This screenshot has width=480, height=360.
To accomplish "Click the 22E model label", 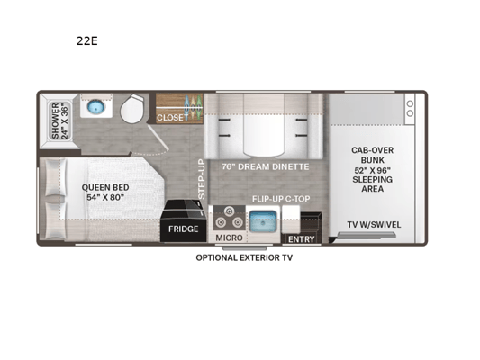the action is point(87,40).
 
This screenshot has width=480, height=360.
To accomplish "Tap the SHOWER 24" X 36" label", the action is point(59,121).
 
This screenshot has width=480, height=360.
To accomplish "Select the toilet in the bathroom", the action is point(132,108).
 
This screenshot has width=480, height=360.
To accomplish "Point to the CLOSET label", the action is point(172,118).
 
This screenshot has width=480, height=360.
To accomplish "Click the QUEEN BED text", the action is point(105,187).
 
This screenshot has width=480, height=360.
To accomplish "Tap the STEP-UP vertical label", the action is point(201,179).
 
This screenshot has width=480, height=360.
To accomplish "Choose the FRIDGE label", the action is point(184,229).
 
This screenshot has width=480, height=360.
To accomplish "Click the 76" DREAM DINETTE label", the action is point(266,166).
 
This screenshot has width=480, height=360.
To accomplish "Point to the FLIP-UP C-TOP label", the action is point(281,199).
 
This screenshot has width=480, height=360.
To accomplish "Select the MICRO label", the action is point(229,238).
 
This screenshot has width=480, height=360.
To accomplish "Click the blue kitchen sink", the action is point(263,221).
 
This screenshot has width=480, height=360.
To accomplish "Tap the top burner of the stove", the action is point(229,211).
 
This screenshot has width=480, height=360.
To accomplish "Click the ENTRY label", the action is point(301,239).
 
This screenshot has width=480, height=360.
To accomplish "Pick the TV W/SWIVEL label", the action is point(374,225).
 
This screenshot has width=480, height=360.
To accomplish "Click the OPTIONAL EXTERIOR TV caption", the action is point(244,257).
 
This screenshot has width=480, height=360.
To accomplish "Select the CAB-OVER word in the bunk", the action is point(372,150).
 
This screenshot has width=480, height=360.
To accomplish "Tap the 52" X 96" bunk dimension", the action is point(372,170).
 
